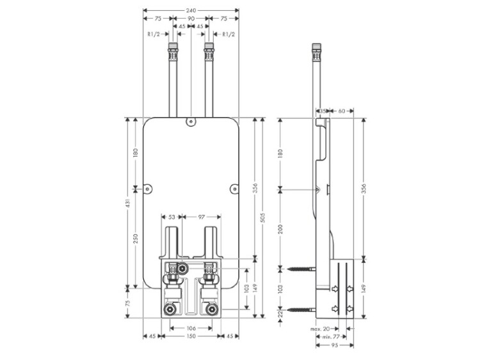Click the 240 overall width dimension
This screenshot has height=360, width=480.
190,11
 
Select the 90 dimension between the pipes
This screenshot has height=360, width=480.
190,19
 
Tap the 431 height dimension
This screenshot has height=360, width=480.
128,203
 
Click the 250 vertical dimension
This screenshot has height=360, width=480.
136,237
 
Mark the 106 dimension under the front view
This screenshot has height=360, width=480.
190,329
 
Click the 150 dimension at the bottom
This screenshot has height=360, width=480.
190,337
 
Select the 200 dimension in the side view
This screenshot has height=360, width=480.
280,230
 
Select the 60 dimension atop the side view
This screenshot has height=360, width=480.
341,111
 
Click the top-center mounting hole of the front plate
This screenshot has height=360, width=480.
190,120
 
